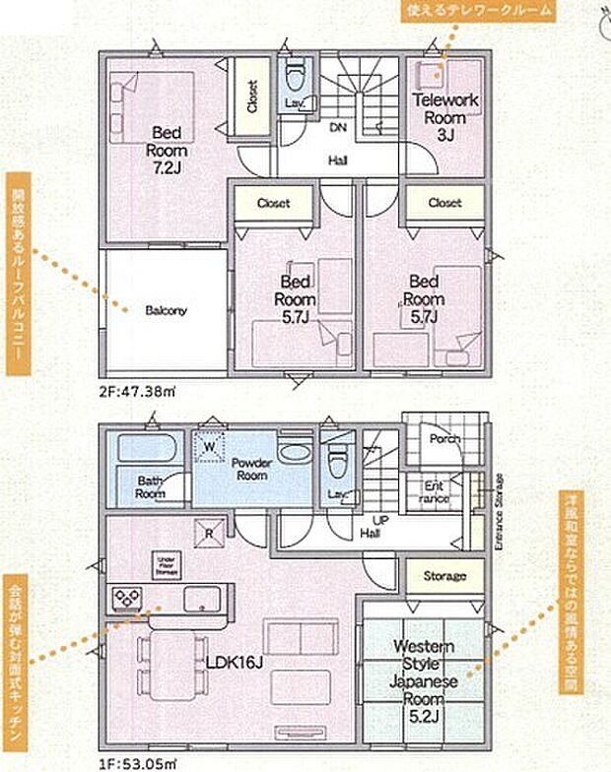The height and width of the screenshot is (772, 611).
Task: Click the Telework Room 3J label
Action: coord(445,115)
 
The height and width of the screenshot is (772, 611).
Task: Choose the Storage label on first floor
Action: coord(444,575)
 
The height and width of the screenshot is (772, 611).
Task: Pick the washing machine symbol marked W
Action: coord(209,445)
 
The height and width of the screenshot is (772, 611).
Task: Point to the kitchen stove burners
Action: coord(127,598)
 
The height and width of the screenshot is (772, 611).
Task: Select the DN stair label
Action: coord(337,127)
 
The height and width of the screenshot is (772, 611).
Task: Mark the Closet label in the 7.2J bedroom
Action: coord(252,96)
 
